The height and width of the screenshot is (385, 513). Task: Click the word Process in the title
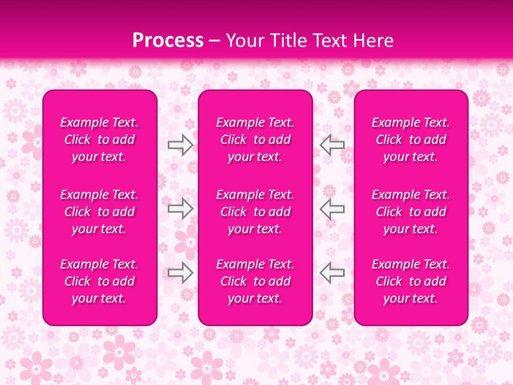click(168, 41)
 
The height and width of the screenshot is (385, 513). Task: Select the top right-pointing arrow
click(180, 145)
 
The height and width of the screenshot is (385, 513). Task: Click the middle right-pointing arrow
click(180, 209)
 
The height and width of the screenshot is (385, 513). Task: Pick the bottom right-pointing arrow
click(180, 273)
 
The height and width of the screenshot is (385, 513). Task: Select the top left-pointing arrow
click(332, 145)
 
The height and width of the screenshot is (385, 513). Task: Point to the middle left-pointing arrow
click(332, 209)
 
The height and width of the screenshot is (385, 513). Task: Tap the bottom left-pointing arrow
click(332, 273)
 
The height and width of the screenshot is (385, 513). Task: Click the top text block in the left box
click(99, 140)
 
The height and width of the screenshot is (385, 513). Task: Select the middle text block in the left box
click(99, 212)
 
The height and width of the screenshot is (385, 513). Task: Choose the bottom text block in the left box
click(99, 281)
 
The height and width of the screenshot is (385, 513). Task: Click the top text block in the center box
click(255, 140)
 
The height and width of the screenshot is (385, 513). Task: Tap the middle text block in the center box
click(255, 212)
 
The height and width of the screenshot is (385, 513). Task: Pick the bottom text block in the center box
click(255, 281)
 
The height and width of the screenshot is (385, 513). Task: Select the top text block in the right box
click(410, 140)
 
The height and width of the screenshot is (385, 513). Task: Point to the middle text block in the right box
click(410, 212)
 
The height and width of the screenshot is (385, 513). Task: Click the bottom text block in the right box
click(410, 281)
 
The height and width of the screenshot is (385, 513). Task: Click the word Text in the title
click(329, 41)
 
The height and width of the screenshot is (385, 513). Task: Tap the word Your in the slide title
click(244, 41)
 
